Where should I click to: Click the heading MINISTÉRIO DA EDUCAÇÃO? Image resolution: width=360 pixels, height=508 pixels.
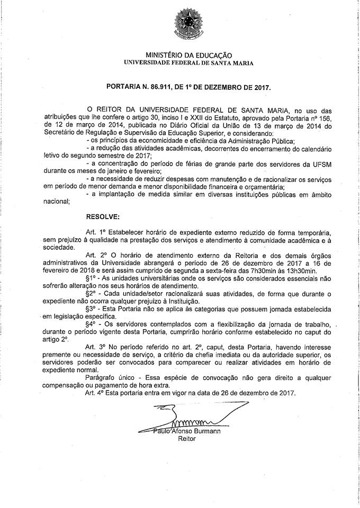188,55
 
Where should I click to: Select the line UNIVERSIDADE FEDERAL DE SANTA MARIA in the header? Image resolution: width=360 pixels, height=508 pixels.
188,62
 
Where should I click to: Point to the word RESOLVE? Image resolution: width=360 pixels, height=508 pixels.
103,217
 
